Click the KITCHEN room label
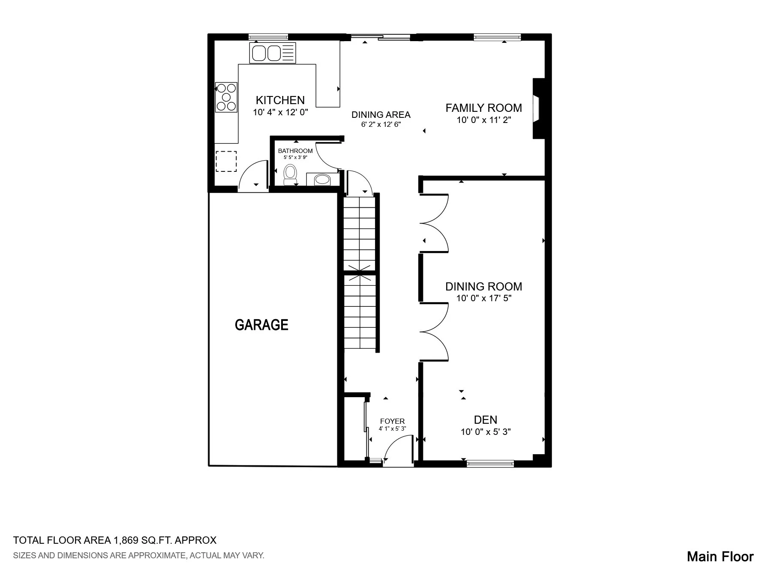[x=280, y=100]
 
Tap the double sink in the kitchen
[x=273, y=53]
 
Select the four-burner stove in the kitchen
[x=226, y=97]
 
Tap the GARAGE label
[x=261, y=325]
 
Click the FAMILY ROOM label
[x=484, y=108]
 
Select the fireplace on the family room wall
[x=538, y=108]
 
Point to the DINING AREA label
[x=381, y=115]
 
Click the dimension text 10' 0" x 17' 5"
[x=484, y=298]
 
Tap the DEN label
[x=486, y=420]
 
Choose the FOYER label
[x=392, y=422]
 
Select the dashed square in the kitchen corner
[x=226, y=161]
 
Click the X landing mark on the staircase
[x=360, y=273]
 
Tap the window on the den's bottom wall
[x=490, y=463]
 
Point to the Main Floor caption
[x=720, y=557]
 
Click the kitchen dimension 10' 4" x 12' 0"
[x=280, y=113]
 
